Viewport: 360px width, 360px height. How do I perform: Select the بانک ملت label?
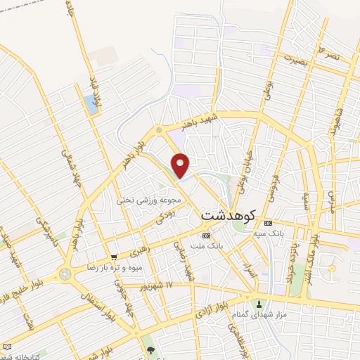[206, 246]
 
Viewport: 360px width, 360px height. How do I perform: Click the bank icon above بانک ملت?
[206, 236]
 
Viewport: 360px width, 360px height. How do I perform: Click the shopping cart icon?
[114, 257]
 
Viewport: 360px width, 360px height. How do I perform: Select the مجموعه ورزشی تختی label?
[150, 200]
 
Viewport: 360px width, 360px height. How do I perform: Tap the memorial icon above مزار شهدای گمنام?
[259, 304]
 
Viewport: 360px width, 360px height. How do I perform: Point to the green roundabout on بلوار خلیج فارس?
[65, 274]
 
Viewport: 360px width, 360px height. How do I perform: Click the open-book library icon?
[7, 347]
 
